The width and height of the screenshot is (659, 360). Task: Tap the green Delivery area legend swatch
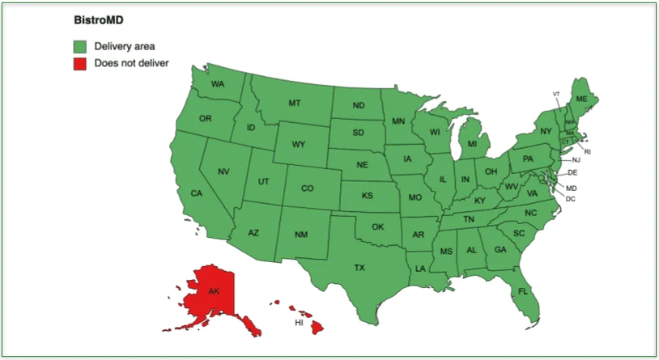[x=80, y=46]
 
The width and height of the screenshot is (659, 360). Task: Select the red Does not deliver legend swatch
[x=80, y=63]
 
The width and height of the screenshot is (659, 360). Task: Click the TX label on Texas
[x=359, y=267]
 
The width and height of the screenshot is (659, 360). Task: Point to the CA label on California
[x=196, y=193]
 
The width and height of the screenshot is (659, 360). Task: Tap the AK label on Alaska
[x=214, y=290]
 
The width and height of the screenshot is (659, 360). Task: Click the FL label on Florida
[x=523, y=290]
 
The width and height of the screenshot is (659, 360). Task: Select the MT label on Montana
[x=295, y=103]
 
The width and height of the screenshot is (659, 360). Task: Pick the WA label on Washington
[x=218, y=84]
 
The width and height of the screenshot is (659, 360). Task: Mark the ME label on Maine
[x=581, y=99]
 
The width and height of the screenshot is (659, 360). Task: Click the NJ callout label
[x=576, y=160]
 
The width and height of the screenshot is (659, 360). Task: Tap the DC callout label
[x=571, y=199]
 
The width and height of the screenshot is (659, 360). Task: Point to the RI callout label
[x=588, y=151]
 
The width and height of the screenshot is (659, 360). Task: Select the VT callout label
[x=556, y=94]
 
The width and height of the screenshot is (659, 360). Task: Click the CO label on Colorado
[x=307, y=188]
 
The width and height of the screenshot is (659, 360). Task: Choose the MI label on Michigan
[x=472, y=144]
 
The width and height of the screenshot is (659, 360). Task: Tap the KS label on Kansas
[x=367, y=196]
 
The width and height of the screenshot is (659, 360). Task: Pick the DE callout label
[x=572, y=172]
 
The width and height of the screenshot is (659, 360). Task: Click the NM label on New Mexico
[x=300, y=235]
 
